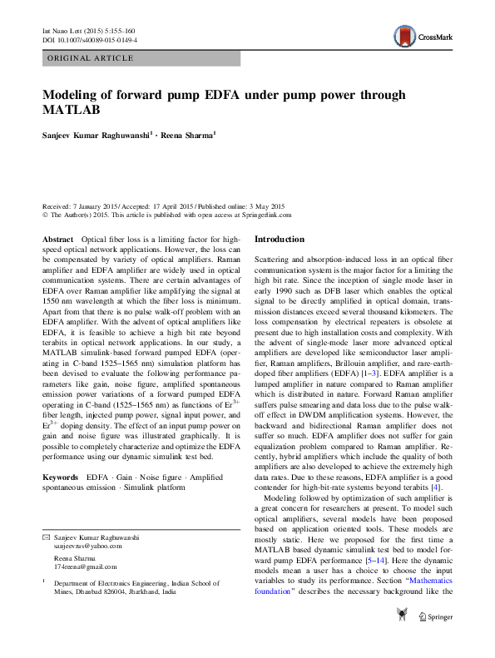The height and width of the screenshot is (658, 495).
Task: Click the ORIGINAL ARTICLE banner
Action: tap(91, 58)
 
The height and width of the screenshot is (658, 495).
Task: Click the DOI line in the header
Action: tap(90, 39)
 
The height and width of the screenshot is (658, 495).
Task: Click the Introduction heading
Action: tap(280, 239)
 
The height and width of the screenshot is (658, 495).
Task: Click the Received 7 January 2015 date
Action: tap(82, 205)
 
